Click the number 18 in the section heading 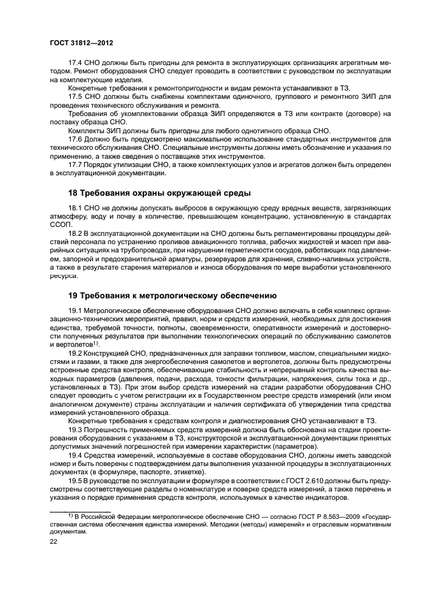point(73,193)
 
